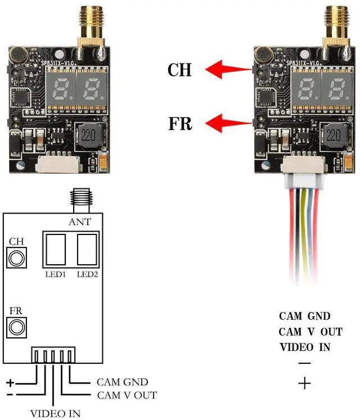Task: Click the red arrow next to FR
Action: [228, 122]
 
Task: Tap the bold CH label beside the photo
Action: [180, 70]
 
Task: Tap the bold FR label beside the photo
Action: [181, 123]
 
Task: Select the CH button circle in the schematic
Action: [17, 258]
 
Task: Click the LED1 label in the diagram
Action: [56, 275]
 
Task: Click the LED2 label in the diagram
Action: [88, 275]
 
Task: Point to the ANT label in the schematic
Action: [79, 222]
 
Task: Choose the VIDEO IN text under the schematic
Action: [55, 414]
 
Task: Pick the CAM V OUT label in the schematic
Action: [127, 395]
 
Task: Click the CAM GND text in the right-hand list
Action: [305, 317]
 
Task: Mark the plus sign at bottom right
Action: [304, 384]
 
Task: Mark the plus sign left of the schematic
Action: [10, 383]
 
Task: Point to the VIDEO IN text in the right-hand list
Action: [305, 347]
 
